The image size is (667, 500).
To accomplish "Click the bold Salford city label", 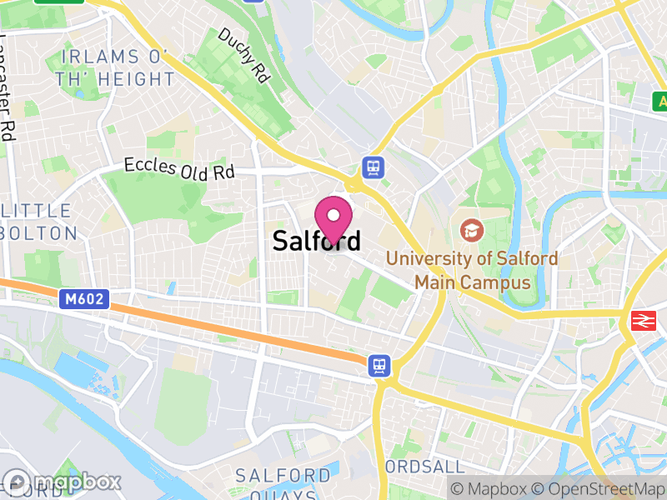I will coord(317,241).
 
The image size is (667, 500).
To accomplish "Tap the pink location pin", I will coord(334,218).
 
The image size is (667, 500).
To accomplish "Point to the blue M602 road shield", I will coord(85,297).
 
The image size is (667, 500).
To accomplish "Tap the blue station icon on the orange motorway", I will coord(379,364).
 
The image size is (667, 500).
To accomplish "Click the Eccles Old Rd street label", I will coord(179,169).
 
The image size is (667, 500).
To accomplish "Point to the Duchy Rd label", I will coord(246,55).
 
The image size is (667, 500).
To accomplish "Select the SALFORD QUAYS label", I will coord(283,484).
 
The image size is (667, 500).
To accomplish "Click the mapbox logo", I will coord(63,482).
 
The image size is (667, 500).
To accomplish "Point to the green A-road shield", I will coord(659,101).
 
